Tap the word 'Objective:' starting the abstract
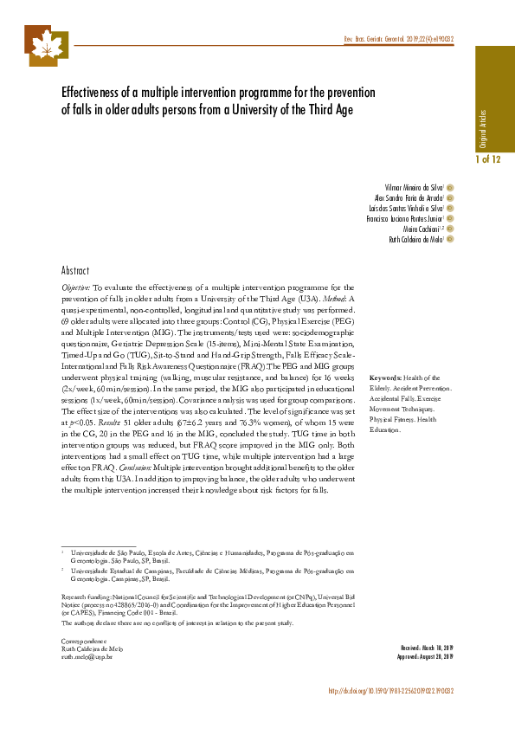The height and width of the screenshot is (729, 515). [76, 286]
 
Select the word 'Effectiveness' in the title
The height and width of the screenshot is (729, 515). [94, 93]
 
